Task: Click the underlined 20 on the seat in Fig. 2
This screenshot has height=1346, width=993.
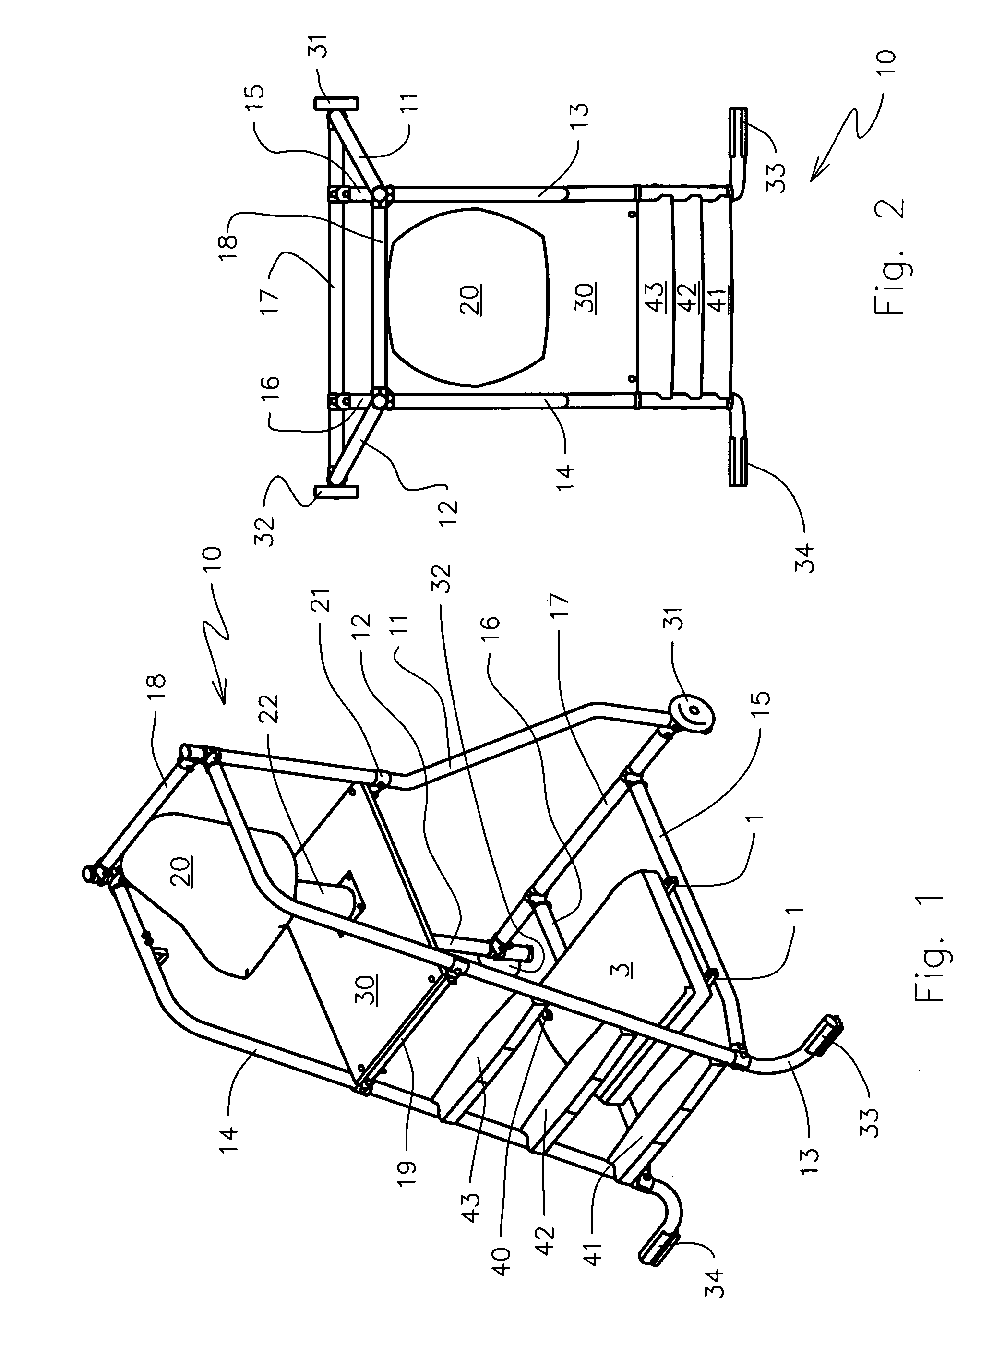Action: [469, 300]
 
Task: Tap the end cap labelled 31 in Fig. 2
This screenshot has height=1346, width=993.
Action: [335, 103]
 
